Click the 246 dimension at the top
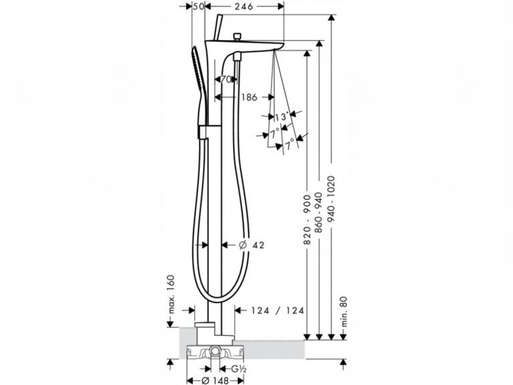tap(244, 6)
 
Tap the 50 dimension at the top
tap(198, 6)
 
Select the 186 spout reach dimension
tap(249, 97)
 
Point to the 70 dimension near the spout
tap(225, 79)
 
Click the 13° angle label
tap(282, 116)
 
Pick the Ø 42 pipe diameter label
tap(251, 245)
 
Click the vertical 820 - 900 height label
tap(307, 220)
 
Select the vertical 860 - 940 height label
tap(319, 213)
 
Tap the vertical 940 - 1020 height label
tap(331, 199)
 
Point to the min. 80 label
tap(343, 311)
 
